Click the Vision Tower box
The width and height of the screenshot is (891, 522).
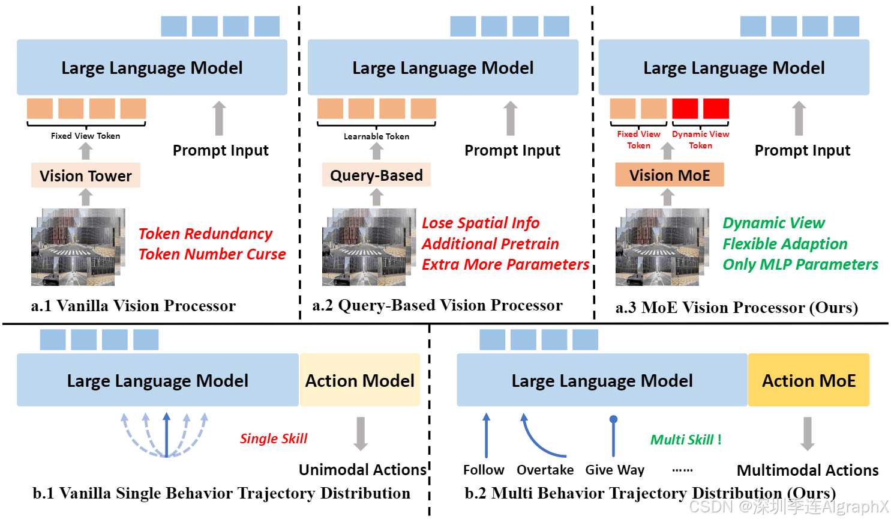(86, 175)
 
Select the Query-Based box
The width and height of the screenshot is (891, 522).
(376, 175)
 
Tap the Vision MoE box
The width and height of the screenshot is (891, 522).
(670, 175)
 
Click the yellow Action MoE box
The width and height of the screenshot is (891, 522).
(809, 380)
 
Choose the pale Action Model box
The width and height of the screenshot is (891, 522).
(359, 380)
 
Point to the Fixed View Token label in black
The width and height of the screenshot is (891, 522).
(86, 136)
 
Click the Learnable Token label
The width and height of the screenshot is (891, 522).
(376, 136)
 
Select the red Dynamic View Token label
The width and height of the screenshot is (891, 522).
(700, 140)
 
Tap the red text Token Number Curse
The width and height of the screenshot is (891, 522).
(212, 254)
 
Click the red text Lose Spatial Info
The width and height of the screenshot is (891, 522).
(481, 223)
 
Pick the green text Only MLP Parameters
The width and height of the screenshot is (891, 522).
(800, 264)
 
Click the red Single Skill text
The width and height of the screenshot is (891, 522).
(273, 439)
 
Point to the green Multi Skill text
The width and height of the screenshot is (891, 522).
(686, 440)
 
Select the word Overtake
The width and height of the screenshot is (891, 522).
(545, 470)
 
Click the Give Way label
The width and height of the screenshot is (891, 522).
(614, 470)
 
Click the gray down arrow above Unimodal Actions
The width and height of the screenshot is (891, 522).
(361, 434)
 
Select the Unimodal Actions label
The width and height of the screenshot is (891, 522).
(362, 470)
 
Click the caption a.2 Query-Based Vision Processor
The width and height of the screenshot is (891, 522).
(437, 305)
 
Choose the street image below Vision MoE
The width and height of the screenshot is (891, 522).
(662, 247)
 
